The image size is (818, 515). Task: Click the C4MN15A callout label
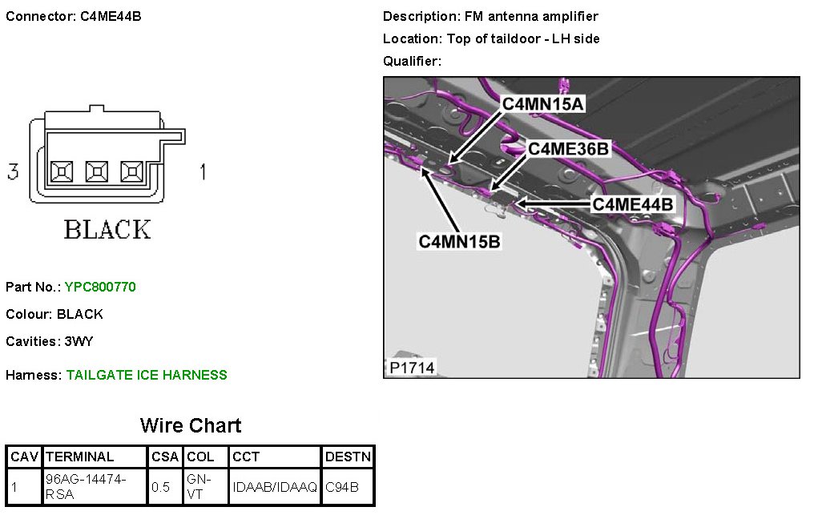[x=543, y=103]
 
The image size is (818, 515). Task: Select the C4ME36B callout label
[x=569, y=148]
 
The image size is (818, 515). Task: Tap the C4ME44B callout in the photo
[x=633, y=204]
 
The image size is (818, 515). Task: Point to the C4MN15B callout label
[x=460, y=240]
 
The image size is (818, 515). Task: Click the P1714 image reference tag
[x=413, y=367]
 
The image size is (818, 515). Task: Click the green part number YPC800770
[x=100, y=287]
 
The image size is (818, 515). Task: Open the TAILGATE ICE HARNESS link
[x=147, y=375]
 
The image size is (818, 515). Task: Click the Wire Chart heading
[x=191, y=425]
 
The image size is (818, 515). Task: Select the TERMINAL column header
[x=80, y=457]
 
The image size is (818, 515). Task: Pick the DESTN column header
[x=348, y=457]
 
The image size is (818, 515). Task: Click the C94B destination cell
[x=342, y=486]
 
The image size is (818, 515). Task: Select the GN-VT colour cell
[x=199, y=486]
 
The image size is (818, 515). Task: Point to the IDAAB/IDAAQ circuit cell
[x=275, y=486]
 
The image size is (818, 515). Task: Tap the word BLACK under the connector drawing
[x=107, y=230]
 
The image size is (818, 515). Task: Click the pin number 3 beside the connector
[x=13, y=172]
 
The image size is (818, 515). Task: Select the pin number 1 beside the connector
[x=203, y=172]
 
